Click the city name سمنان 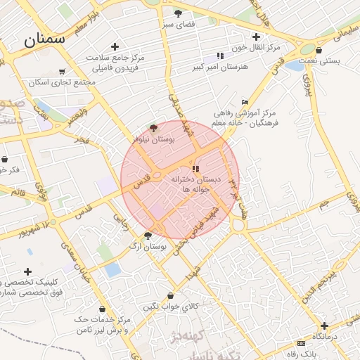pos(44,39)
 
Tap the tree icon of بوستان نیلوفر pos(154,128)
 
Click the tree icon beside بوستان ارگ pos(148,236)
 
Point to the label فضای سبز pos(178,25)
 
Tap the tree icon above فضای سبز pos(178,13)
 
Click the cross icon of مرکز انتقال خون pos(257,37)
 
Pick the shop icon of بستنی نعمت pos(319,50)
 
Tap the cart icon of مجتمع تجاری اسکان pos(63,71)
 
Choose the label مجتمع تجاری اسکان pos(63,82)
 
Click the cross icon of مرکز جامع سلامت pos(115,47)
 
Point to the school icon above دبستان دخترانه pos(195,169)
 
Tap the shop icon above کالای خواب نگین pos(172,296)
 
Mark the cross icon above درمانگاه pos(324,326)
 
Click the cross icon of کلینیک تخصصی pos(27,271)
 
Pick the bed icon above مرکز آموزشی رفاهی pos(244,102)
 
